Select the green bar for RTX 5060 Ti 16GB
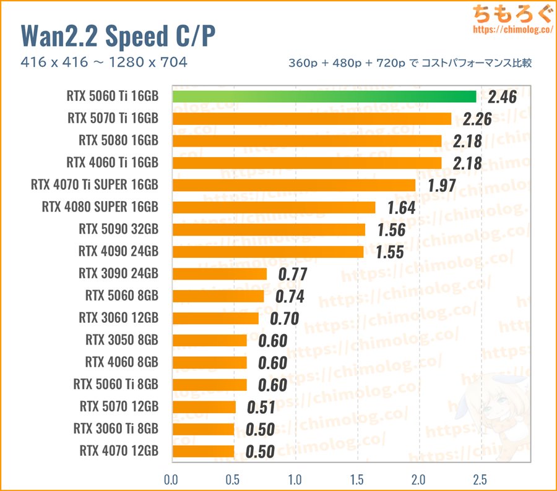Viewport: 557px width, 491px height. [324, 96]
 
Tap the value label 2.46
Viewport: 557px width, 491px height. [502, 97]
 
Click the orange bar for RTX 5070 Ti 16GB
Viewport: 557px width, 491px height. [311, 119]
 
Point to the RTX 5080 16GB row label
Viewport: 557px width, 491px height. [118, 140]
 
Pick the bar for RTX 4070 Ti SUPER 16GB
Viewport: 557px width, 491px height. [293, 185]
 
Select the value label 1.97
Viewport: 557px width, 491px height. [440, 186]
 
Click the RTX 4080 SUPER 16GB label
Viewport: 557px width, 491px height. [100, 207]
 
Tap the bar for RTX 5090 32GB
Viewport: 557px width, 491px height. [268, 229]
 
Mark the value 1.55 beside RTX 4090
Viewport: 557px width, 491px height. [390, 252]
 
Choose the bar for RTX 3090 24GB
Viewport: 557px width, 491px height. [219, 274]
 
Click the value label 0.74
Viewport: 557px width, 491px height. [290, 297]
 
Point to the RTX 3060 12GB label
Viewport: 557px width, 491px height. [118, 318]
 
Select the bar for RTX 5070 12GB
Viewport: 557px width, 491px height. [204, 407]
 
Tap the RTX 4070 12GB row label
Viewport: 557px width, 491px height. [118, 451]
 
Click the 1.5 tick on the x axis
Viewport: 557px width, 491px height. [356, 479]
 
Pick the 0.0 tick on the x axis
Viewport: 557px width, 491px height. [171, 479]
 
